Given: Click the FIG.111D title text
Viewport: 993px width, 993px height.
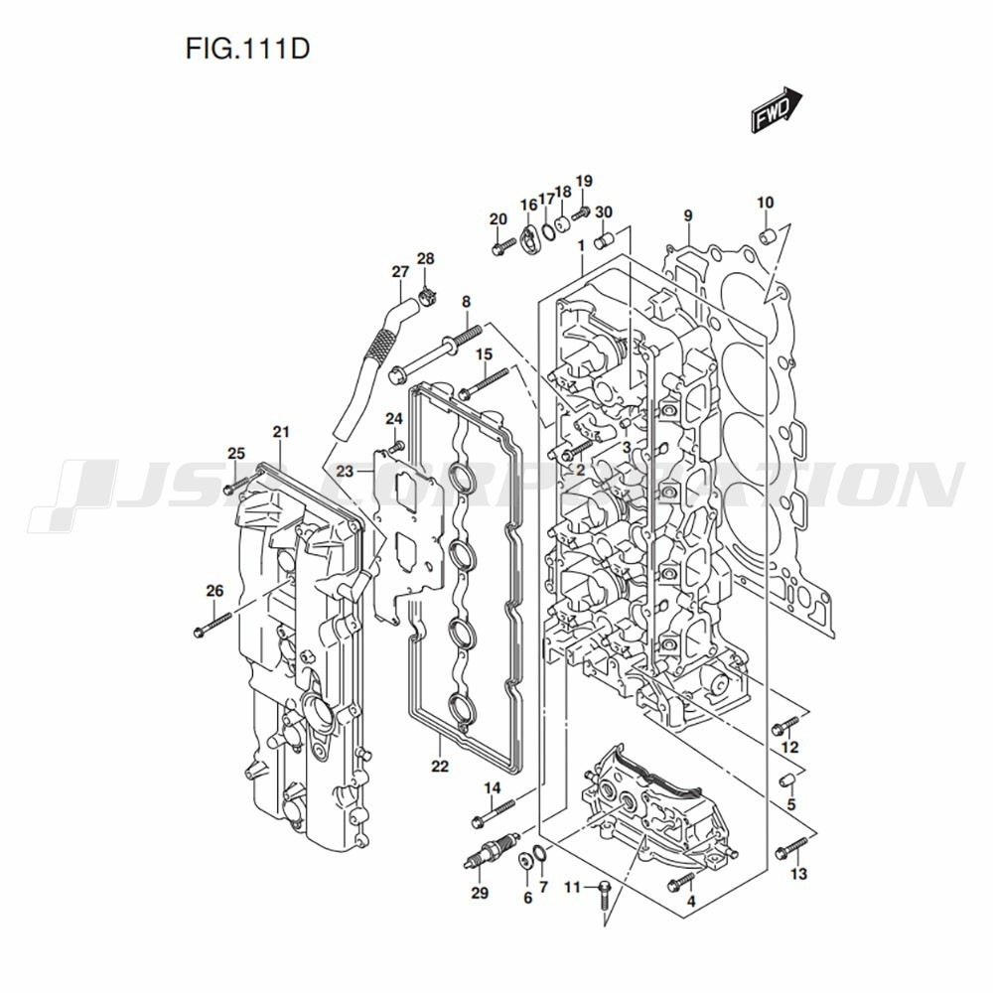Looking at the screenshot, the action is click(247, 49).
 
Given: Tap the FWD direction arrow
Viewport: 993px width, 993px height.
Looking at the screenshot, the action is click(777, 110).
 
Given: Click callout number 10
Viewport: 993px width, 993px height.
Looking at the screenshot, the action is click(765, 203).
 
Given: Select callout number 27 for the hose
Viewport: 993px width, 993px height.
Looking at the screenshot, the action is click(400, 272).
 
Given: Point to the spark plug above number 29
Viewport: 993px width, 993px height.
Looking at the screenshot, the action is click(492, 849).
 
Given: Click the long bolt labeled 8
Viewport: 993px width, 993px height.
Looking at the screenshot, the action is click(436, 355).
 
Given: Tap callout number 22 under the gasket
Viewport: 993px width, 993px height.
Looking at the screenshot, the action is click(440, 767).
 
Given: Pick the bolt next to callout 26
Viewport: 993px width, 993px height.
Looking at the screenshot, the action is click(213, 624).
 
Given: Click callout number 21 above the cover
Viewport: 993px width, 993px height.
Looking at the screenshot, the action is click(281, 432).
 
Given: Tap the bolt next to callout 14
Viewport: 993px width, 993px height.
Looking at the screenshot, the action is click(493, 813).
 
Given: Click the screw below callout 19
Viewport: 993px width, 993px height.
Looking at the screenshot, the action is click(581, 213).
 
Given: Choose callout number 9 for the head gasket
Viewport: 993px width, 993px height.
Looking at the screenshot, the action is click(688, 215).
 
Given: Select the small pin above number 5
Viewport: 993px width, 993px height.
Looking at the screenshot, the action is click(786, 779).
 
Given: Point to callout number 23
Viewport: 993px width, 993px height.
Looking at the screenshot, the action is click(345, 472).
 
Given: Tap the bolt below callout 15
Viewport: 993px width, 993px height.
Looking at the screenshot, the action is click(483, 383).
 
